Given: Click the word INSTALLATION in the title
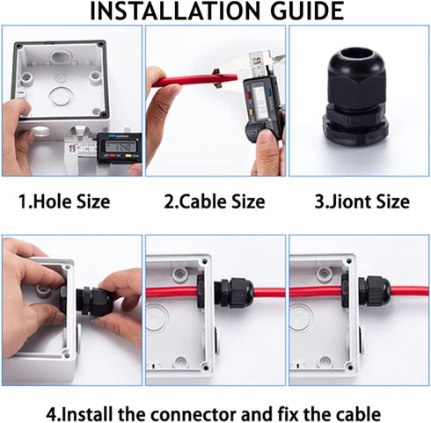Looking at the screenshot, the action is pos(175,11).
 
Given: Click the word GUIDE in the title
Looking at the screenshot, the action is pos(307,11).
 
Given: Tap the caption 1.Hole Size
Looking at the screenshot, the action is pos(64,201).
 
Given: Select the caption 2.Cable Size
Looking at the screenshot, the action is pos(215,201).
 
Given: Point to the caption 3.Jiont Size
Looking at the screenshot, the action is pos(362,201).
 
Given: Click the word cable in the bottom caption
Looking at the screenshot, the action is pos(358,414).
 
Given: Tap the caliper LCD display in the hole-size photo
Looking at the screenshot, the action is pos(121,146).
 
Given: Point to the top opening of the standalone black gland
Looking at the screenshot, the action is pos(356,55).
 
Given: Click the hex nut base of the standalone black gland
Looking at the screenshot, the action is pos(355,129).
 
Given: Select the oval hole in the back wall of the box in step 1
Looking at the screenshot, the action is pos(61,55).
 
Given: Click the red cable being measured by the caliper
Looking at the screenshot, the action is pos(194,81).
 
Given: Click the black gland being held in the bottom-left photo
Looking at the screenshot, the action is pos(94,302).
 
